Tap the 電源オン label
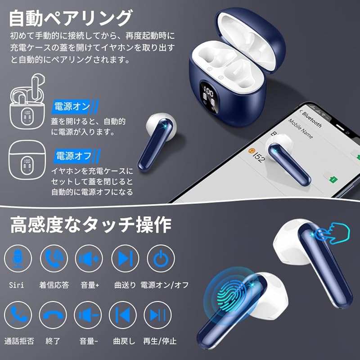[72, 107]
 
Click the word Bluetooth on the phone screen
[312, 118]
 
